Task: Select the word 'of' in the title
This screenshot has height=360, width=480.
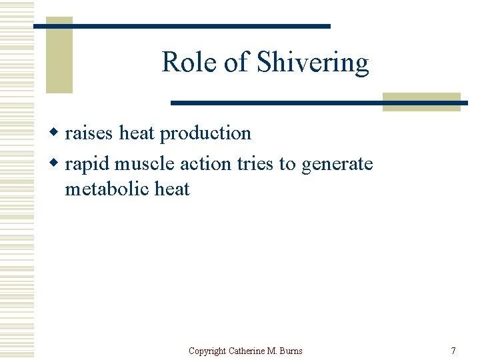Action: click(x=237, y=63)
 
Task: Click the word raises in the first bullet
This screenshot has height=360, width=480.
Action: click(x=89, y=133)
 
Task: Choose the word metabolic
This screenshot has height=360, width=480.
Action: click(x=107, y=189)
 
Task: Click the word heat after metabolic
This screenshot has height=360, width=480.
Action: click(x=172, y=189)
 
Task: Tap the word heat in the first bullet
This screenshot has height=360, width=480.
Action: click(x=137, y=133)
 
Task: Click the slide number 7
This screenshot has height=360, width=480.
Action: click(x=453, y=351)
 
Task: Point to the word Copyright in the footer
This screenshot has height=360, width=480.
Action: click(x=207, y=351)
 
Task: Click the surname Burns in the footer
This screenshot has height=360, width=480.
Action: click(x=291, y=351)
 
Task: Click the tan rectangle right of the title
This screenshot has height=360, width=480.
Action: click(x=422, y=101)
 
